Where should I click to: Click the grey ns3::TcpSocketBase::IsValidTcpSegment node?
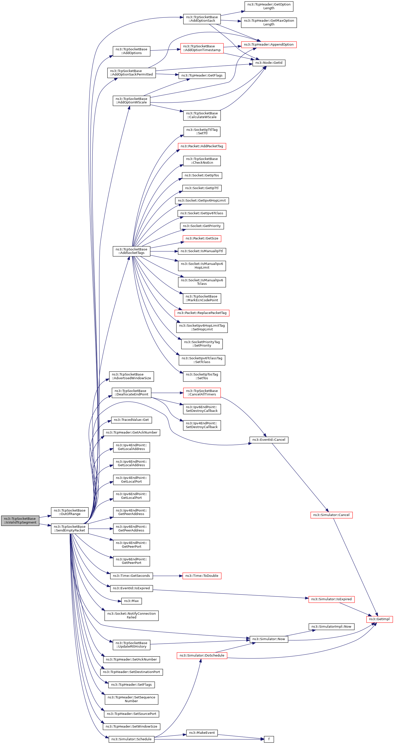[x=20, y=521]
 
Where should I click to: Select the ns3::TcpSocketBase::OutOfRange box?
[x=70, y=512]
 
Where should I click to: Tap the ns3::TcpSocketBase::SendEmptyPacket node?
[x=70, y=528]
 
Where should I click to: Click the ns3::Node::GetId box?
[x=269, y=63]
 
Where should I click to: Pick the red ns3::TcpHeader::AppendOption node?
[x=269, y=45]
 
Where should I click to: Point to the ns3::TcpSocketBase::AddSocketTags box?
[x=131, y=251]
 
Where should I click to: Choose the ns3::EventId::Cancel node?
[x=269, y=440]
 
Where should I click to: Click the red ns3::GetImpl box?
[x=379, y=619]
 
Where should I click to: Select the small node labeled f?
[x=269, y=739]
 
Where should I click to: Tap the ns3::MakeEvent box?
[x=202, y=733]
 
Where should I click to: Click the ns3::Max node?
[x=131, y=601]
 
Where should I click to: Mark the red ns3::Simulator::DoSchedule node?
[x=202, y=655]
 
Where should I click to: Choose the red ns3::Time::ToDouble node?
[x=202, y=576]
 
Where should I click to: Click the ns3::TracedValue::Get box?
[x=131, y=420]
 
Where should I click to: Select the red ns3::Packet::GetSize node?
[x=202, y=238]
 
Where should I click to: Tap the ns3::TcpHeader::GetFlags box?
[x=202, y=75]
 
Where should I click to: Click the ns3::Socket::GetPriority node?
[x=202, y=226]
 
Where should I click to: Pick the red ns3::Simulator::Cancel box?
[x=331, y=515]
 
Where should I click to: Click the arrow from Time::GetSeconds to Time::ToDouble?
[x=167, y=576]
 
